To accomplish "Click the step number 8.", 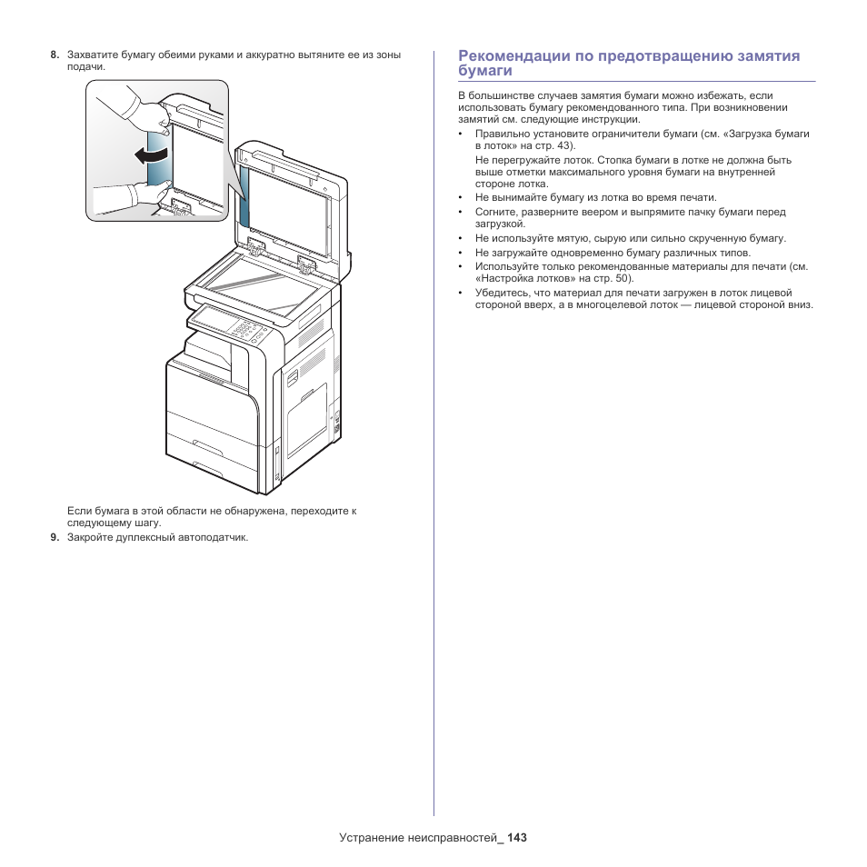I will [x=55, y=55].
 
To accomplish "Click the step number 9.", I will [x=55, y=537].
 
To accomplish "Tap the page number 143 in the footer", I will [x=517, y=837].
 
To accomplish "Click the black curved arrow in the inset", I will [x=151, y=155].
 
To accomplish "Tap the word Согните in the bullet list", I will [x=495, y=212].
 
